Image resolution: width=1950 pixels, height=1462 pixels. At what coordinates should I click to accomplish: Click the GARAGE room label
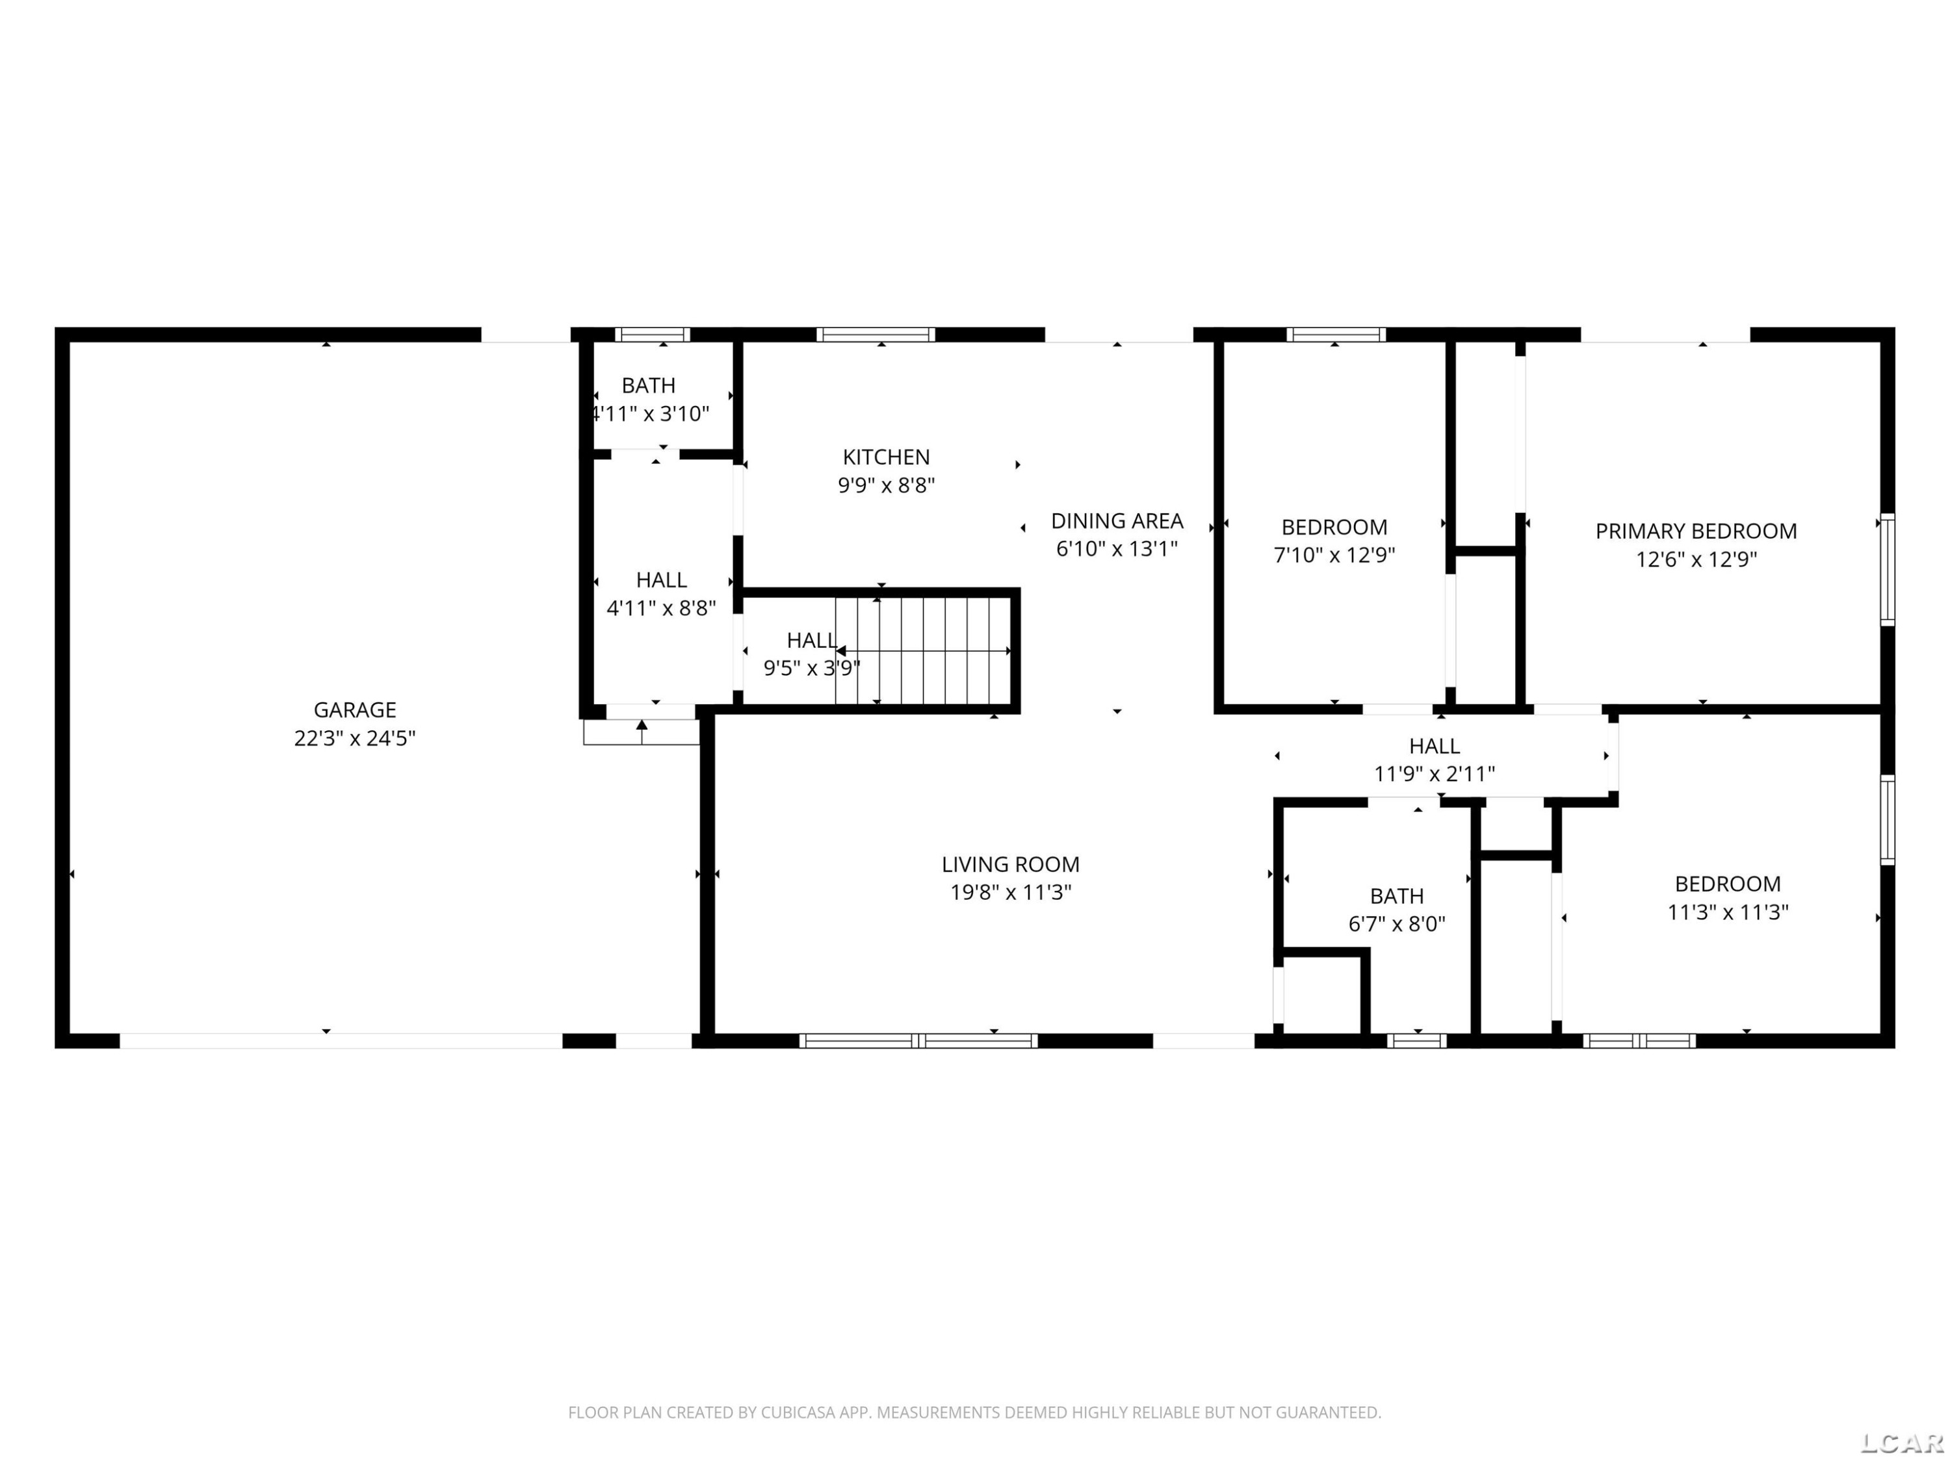coord(354,710)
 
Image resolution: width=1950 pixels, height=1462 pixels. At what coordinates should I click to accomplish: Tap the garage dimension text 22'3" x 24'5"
coord(354,737)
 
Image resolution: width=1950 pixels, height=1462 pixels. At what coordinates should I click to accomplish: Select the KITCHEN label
coord(886,457)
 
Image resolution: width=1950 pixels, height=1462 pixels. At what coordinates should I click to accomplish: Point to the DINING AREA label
coord(1117,521)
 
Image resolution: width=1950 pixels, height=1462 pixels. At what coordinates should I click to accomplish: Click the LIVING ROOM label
coord(1010,864)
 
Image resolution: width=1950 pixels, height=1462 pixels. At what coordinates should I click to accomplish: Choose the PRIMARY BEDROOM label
coord(1696,532)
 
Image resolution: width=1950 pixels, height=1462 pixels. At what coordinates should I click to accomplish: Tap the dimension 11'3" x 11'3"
coord(1728,912)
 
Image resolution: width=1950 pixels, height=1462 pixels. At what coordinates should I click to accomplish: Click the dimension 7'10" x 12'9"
coord(1334,555)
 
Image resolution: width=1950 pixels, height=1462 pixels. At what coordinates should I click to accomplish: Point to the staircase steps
coord(923,650)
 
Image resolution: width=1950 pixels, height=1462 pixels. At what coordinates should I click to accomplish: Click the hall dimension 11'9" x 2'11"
coord(1435,774)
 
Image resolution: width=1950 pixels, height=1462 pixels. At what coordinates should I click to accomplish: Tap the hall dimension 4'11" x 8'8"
coord(661,608)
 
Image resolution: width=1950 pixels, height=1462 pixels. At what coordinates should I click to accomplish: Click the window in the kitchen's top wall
coord(876,335)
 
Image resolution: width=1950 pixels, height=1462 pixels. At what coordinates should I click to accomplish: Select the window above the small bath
coord(653,335)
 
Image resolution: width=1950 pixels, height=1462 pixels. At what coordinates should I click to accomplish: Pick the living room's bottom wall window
coord(918,1041)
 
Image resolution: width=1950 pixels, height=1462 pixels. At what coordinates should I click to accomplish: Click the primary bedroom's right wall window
coord(1888,570)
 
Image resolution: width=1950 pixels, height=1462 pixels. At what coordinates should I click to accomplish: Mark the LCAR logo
coord(1901,1443)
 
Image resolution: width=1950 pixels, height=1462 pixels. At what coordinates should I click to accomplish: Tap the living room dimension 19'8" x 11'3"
coord(1010,893)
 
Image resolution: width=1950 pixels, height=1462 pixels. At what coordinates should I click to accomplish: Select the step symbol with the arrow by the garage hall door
coord(642,732)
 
